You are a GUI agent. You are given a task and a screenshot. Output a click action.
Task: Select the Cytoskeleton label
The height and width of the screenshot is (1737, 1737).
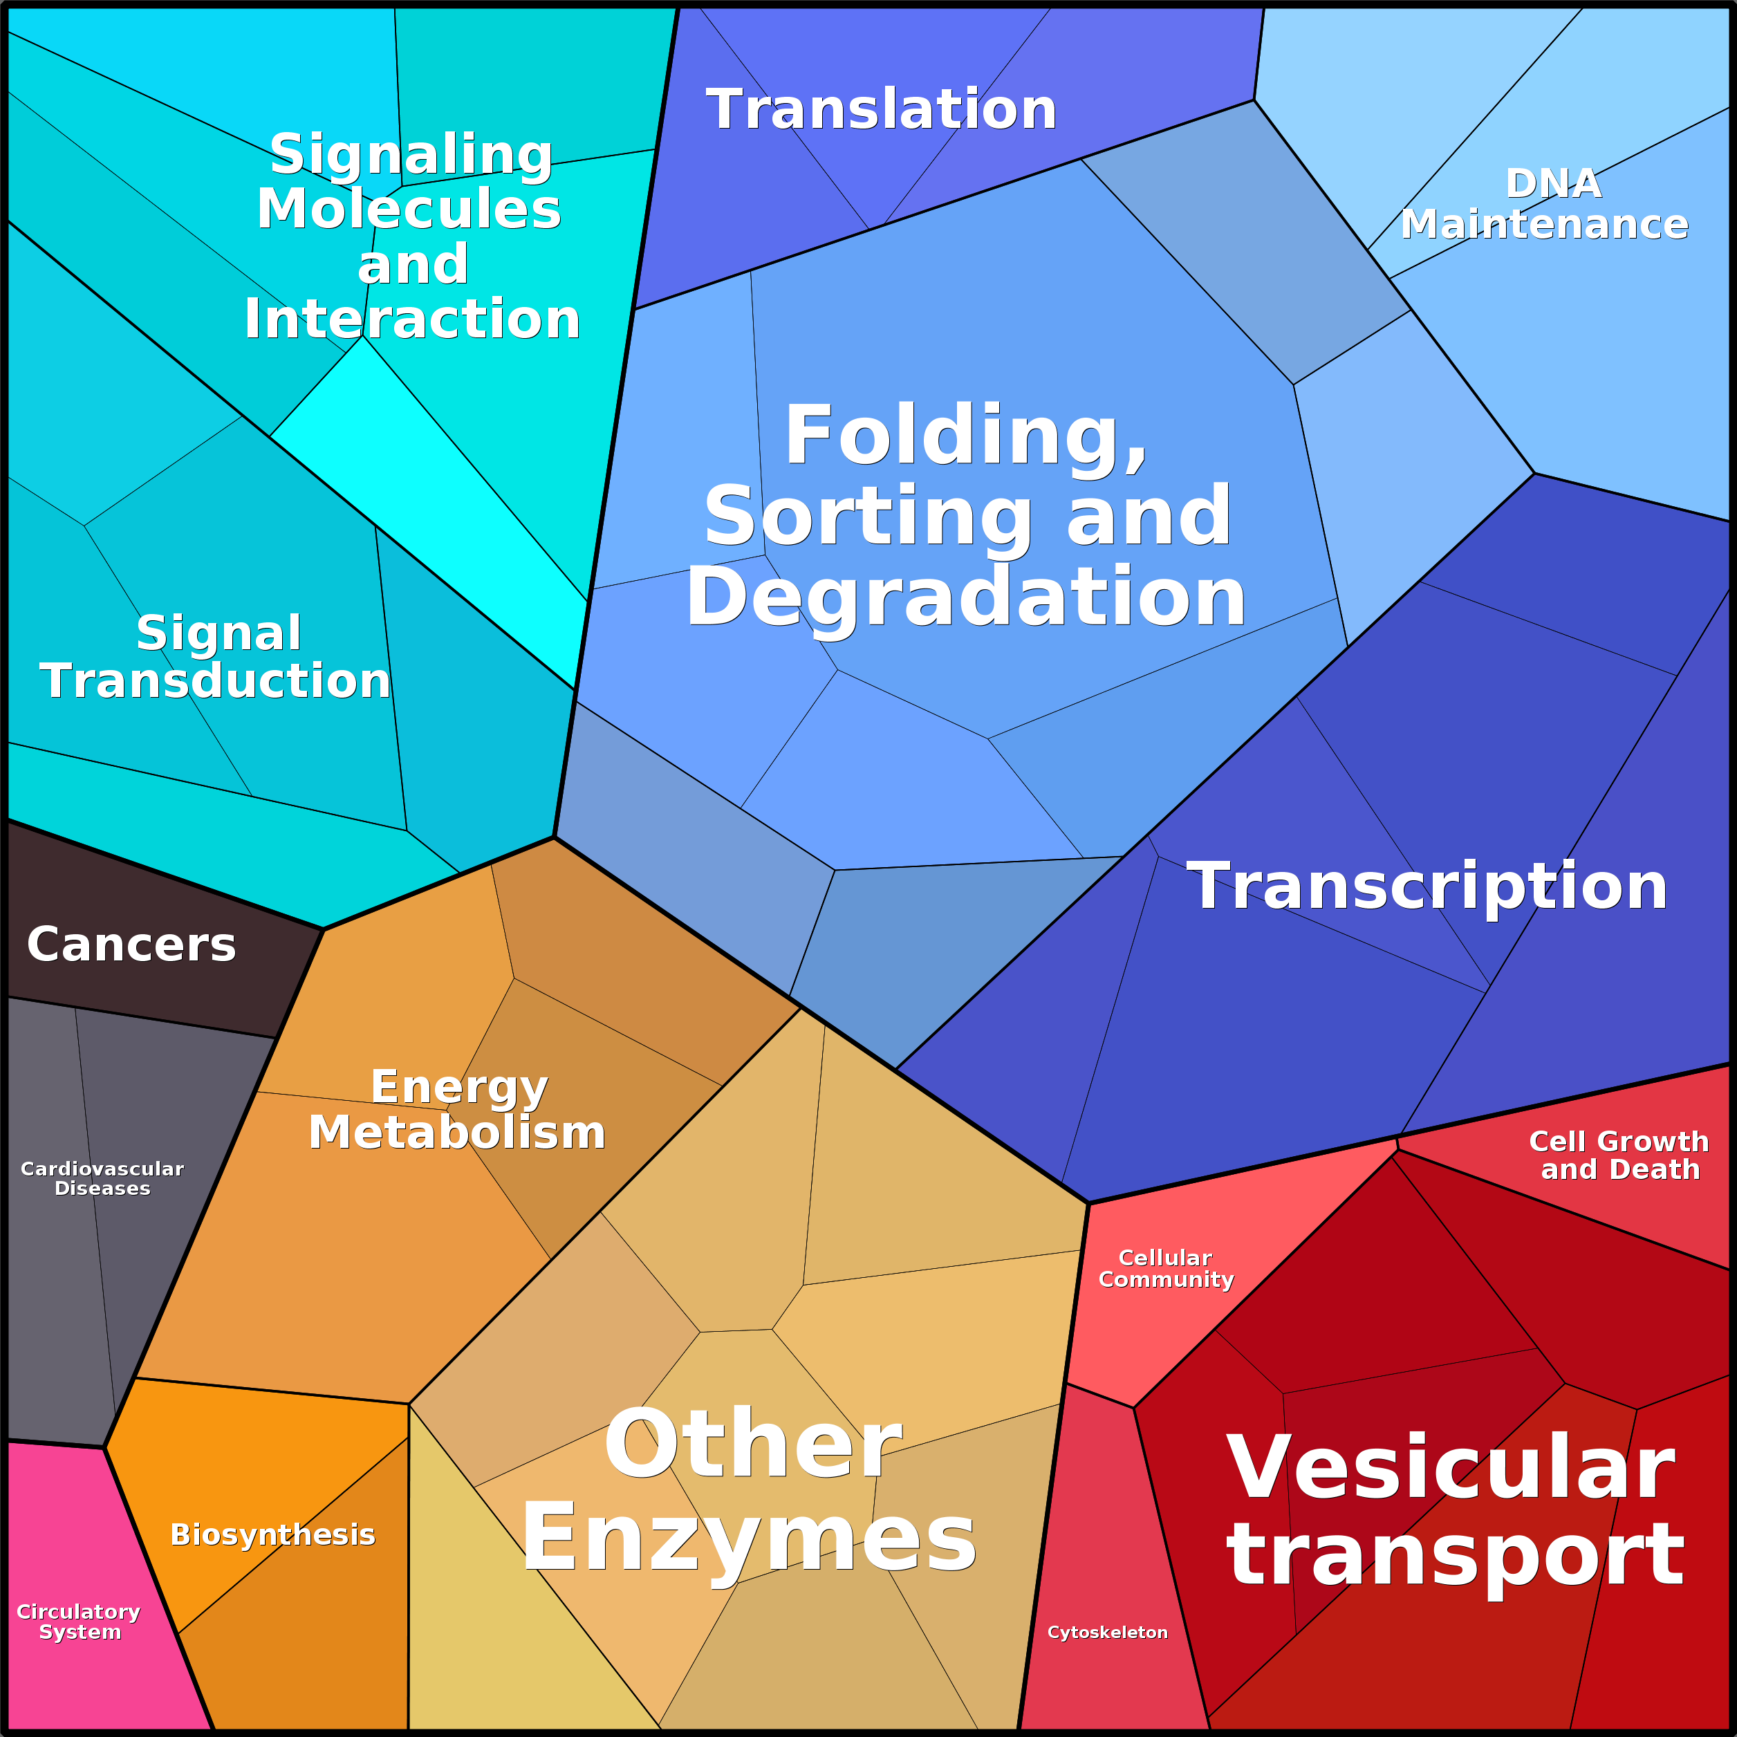1108,1632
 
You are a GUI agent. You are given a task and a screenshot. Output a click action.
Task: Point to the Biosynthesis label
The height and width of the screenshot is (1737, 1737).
272,1534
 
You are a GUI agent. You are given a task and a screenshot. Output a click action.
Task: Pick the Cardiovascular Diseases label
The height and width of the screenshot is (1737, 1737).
102,1178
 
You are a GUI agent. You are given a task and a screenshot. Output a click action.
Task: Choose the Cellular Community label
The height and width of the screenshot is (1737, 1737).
1166,1269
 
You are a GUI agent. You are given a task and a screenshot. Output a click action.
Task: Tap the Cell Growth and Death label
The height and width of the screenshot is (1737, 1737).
1619,1155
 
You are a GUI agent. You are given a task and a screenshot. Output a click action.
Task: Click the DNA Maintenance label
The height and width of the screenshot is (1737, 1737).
1545,204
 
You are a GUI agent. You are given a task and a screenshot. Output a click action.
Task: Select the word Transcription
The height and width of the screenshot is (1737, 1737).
1427,886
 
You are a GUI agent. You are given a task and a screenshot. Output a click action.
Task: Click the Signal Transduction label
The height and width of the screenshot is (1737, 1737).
216,656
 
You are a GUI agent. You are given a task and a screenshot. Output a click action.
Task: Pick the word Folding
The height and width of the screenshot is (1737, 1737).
967,437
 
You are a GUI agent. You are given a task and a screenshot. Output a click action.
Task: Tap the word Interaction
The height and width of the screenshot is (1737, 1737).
411,319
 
